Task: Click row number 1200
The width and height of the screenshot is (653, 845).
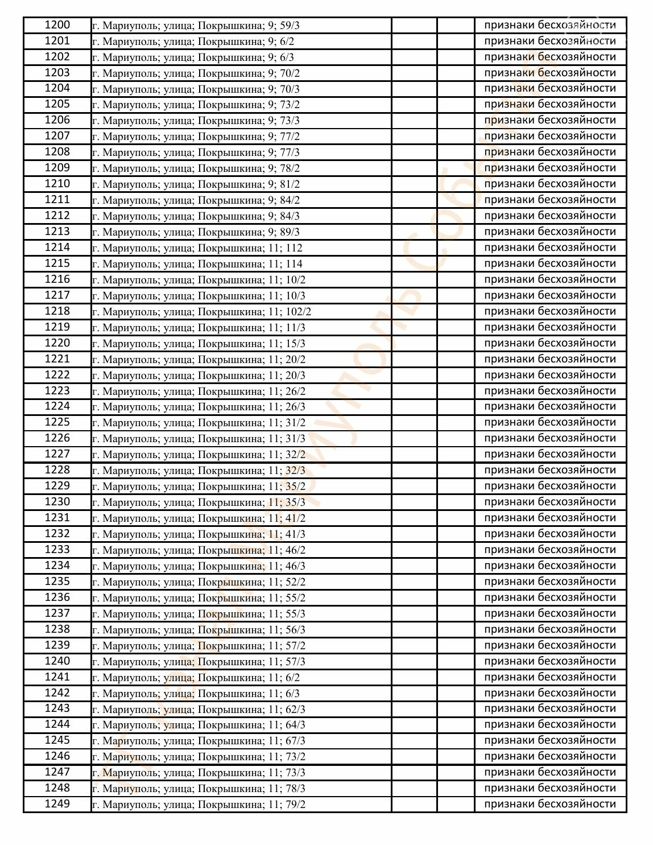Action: click(x=57, y=25)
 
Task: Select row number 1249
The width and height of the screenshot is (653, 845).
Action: click(x=57, y=804)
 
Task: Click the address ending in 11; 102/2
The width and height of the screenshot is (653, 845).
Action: click(x=201, y=312)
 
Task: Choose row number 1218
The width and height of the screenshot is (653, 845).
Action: click(x=57, y=311)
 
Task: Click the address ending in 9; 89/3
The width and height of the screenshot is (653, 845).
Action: click(x=196, y=232)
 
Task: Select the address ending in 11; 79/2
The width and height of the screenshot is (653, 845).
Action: click(x=199, y=805)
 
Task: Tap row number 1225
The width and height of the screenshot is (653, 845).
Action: click(x=57, y=422)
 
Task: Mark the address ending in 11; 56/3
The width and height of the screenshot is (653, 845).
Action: click(x=199, y=630)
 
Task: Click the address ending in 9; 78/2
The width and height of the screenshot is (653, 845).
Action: click(x=196, y=168)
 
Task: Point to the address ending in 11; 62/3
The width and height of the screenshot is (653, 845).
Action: click(x=199, y=710)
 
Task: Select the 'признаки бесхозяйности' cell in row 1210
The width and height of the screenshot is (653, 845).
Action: click(x=549, y=184)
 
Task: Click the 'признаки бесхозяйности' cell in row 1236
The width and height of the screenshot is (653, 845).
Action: click(x=549, y=597)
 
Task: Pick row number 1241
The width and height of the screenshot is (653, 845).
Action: click(x=57, y=677)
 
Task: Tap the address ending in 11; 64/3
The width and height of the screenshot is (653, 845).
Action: click(x=199, y=725)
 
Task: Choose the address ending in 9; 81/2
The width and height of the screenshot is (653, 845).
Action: click(x=196, y=184)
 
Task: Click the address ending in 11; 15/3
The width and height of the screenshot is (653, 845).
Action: click(x=199, y=344)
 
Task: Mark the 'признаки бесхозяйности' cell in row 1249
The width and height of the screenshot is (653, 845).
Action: click(x=549, y=804)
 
